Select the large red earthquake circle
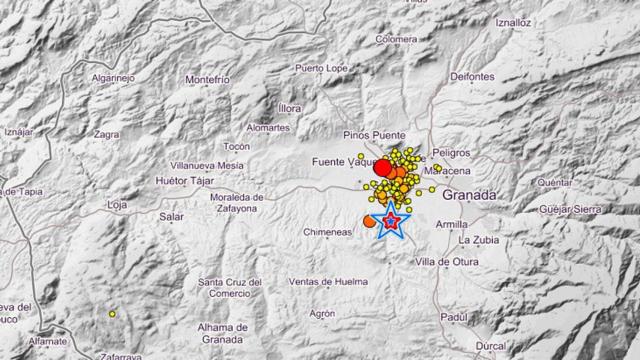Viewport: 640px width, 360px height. [x=381, y=168]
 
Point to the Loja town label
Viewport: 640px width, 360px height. [x=118, y=205]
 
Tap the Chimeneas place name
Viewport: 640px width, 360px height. [x=326, y=232]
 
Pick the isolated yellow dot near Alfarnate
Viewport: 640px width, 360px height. [x=112, y=314]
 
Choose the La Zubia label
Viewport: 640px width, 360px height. [x=478, y=241]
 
